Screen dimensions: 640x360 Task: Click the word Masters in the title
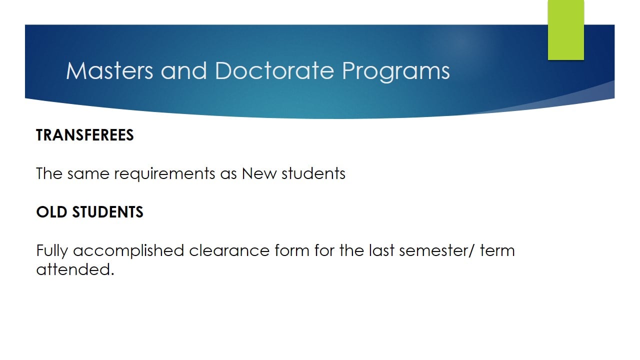[109, 70]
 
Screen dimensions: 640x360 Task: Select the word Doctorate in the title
[274, 70]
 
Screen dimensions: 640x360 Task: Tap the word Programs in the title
[395, 71]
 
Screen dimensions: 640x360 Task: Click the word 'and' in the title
[183, 70]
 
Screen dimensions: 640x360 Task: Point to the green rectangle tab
[565, 30]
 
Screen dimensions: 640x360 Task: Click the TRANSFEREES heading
[85, 135]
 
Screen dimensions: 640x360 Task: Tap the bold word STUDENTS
[107, 212]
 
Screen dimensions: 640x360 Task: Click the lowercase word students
[313, 173]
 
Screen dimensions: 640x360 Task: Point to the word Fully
[52, 251]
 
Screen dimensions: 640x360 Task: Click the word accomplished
[128, 251]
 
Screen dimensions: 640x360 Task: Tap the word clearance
[229, 250]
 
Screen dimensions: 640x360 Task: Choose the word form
[292, 250]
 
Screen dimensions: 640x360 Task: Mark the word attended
[75, 269]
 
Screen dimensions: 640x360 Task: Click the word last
[381, 250]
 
